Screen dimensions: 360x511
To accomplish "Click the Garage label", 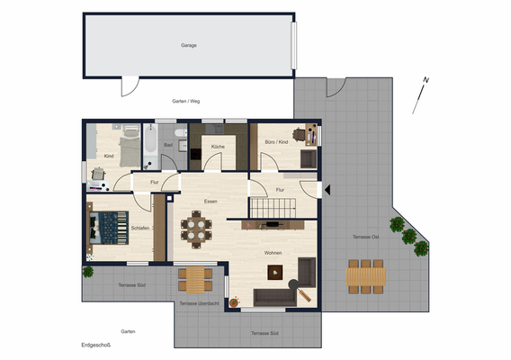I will pos(188,44).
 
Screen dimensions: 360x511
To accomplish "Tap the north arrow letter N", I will pos(426,81).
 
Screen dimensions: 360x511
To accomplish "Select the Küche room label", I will pos(218,146).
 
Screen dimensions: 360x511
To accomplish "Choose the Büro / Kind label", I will pos(276,143).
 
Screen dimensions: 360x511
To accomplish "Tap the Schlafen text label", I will pos(139,228).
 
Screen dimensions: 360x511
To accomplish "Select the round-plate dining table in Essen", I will pos(197,229).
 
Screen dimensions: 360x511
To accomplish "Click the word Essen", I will pos(211,201).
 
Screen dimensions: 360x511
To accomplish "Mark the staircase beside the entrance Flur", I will pos(268,209).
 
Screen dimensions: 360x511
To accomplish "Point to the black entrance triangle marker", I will pos(326,190).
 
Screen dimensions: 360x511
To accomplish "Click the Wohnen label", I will pos(273,253).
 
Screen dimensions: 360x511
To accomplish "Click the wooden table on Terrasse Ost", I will pos(366,274).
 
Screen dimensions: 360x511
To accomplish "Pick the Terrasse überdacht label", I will pos(198,303).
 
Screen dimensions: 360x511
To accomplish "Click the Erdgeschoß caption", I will pos(95,345).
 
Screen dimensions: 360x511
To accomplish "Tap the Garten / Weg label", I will pos(185,101).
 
